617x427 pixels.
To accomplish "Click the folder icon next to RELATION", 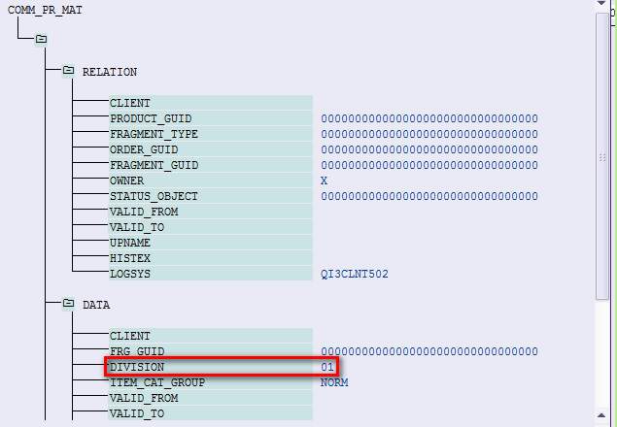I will pyautogui.click(x=68, y=71).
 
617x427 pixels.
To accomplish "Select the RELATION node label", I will pyautogui.click(x=109, y=72).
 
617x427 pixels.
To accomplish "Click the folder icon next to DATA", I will pyautogui.click(x=68, y=304).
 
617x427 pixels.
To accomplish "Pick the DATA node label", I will pyautogui.click(x=96, y=305).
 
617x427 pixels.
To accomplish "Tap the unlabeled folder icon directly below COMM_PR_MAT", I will pyautogui.click(x=41, y=40).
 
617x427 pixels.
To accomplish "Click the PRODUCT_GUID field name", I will pyautogui.click(x=144, y=118).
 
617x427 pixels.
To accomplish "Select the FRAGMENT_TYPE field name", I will pyautogui.click(x=147, y=134).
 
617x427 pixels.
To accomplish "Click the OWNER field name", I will pyautogui.click(x=126, y=181).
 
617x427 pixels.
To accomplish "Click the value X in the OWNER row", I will pyautogui.click(x=325, y=181).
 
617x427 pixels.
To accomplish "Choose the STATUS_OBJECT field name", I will pyautogui.click(x=147, y=196).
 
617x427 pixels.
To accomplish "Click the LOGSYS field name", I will pyautogui.click(x=129, y=274).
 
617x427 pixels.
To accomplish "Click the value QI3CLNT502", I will pyautogui.click(x=355, y=274).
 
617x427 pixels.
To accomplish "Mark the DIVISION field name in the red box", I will pyautogui.click(x=137, y=367).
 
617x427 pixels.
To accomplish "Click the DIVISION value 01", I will pyautogui.click(x=327, y=367).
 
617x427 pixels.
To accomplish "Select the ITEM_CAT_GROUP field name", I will pyautogui.click(x=151, y=382).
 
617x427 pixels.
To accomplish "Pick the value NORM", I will pyautogui.click(x=334, y=382).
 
